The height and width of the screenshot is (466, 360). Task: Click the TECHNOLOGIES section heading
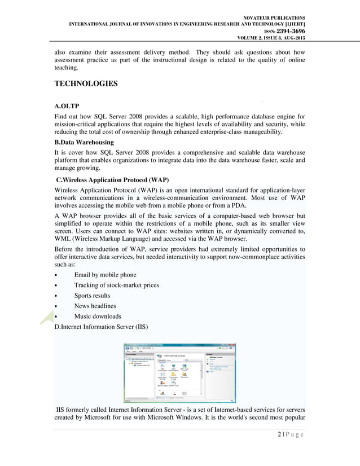85,84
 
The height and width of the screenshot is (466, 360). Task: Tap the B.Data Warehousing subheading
84,142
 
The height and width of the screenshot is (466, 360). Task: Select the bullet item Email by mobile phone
105,275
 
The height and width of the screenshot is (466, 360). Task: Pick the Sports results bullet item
92,295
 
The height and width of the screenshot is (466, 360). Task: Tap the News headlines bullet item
96,305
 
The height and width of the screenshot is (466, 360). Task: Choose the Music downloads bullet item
98,315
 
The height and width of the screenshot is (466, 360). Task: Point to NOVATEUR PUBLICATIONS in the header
273,17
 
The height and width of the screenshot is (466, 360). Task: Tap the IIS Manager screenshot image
179,372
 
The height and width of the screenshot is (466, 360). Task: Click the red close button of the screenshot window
232,345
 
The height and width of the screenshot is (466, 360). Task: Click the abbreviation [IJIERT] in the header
292,24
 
